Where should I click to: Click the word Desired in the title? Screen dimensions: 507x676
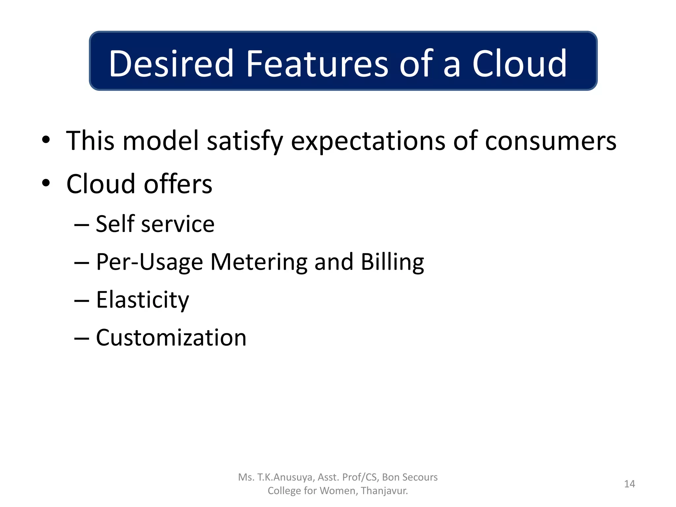point(171,63)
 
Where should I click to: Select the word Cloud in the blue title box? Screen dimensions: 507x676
point(519,63)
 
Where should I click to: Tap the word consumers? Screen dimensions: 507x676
point(550,141)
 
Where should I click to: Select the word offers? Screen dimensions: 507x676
point(178,184)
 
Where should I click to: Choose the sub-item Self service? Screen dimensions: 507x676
point(155,224)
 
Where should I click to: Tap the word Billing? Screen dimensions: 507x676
point(392,262)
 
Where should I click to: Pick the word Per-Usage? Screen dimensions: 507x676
point(149,262)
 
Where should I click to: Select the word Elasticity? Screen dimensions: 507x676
point(142,300)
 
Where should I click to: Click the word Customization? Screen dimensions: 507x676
point(171,338)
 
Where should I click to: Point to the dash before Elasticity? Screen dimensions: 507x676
point(82,301)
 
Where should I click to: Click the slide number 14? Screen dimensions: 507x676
point(629,484)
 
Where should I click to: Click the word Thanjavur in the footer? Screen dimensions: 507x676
point(384,491)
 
